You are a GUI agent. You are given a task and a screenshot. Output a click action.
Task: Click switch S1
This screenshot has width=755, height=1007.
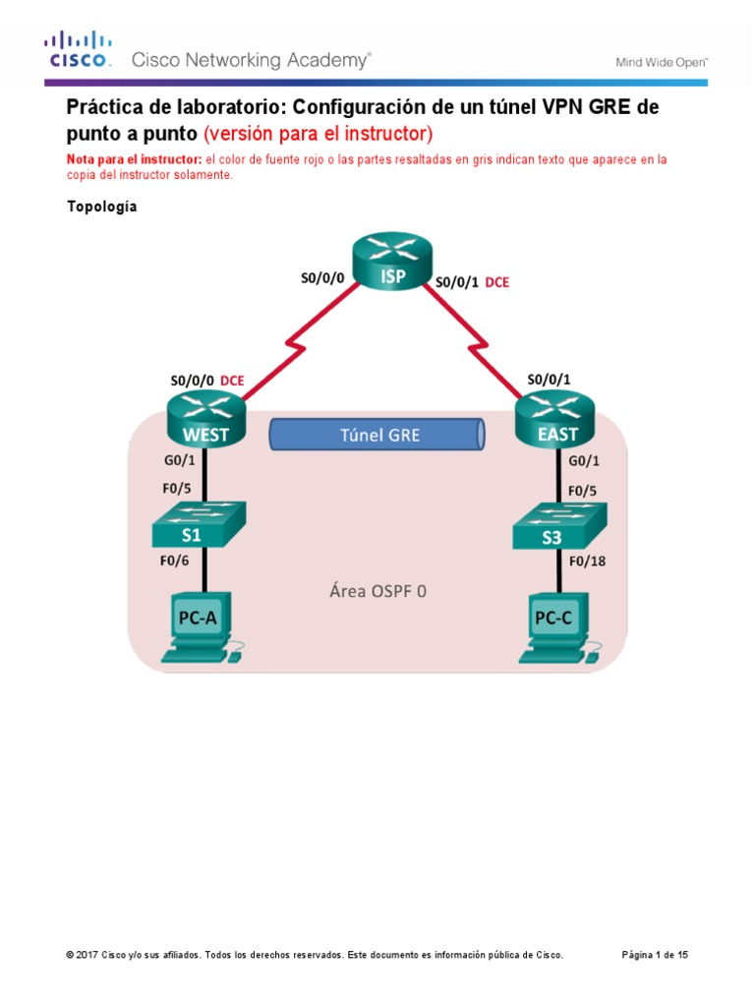[x=199, y=524]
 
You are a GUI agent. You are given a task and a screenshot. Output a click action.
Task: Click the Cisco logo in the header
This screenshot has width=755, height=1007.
[x=78, y=49]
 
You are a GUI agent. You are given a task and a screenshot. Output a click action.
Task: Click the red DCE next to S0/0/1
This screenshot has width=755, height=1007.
[x=498, y=281]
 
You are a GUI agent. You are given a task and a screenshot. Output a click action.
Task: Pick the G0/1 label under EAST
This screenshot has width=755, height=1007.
[x=585, y=458]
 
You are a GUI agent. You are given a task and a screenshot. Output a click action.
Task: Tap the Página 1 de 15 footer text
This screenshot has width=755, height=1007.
[x=656, y=955]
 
